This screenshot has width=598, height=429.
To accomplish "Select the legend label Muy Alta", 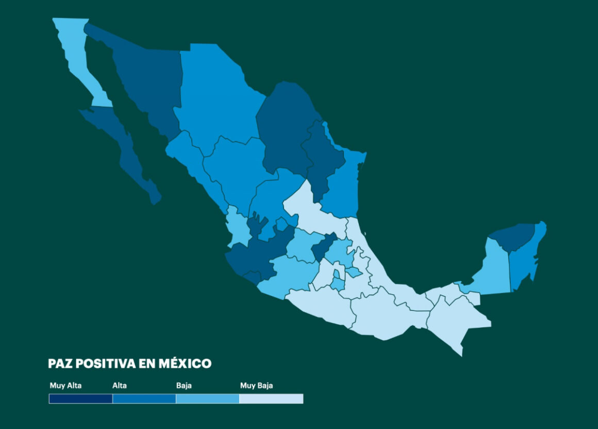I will (x=65, y=385).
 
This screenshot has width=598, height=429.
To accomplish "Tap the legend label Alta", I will (x=120, y=385).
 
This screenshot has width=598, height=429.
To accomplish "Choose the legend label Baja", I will (x=184, y=385).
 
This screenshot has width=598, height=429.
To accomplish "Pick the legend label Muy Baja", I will (x=256, y=385).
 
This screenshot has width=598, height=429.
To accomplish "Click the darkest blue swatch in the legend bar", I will (x=80, y=399).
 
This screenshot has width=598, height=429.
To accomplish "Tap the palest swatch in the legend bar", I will (x=271, y=399).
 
